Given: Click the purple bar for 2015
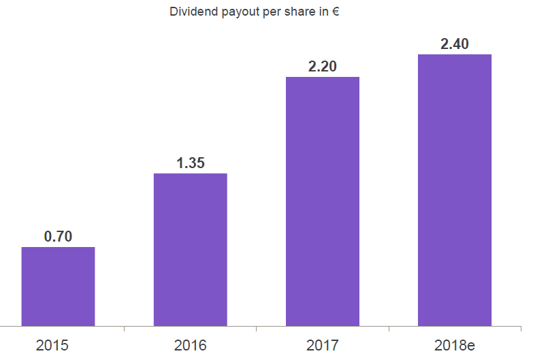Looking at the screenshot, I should (x=58, y=287).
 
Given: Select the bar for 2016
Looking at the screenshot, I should (x=190, y=250).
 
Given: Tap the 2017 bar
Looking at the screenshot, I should (x=322, y=201).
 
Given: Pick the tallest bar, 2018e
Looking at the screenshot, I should (x=455, y=190).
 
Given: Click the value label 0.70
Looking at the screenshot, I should (x=58, y=237).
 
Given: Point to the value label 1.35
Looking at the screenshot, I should (x=191, y=163).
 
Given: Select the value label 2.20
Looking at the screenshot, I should (x=323, y=67).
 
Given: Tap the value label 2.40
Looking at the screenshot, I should (x=455, y=44).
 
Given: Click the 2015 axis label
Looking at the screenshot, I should (x=52, y=346).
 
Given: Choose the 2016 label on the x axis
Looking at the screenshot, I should (x=190, y=346).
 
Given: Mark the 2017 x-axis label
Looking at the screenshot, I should (x=323, y=346).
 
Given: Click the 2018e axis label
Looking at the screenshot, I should (x=454, y=346).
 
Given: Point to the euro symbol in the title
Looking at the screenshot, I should (x=336, y=12).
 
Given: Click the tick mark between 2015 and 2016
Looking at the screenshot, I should (x=124, y=329).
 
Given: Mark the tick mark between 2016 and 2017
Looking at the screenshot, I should (x=257, y=329).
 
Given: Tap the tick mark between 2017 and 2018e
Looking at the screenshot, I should (x=389, y=329).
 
